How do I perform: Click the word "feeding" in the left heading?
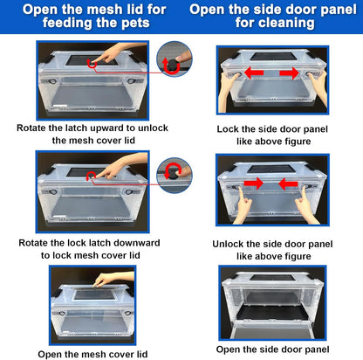click(x=67, y=23)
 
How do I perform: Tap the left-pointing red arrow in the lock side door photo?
click(x=254, y=73)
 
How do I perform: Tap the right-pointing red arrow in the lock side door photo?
click(x=290, y=73)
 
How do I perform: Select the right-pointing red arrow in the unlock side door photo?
click(x=253, y=183)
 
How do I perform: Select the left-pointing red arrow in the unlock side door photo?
click(x=288, y=184)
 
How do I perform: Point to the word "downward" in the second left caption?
click(x=136, y=243)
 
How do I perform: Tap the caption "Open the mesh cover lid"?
click(x=92, y=354)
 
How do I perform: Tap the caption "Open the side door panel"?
click(x=272, y=350)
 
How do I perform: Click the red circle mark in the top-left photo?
click(x=92, y=64)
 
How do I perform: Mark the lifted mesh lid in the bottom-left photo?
click(x=95, y=294)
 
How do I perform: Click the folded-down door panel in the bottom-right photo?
click(x=272, y=329)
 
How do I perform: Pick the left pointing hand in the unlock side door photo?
click(x=243, y=204)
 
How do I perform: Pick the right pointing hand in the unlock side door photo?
click(x=305, y=204)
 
